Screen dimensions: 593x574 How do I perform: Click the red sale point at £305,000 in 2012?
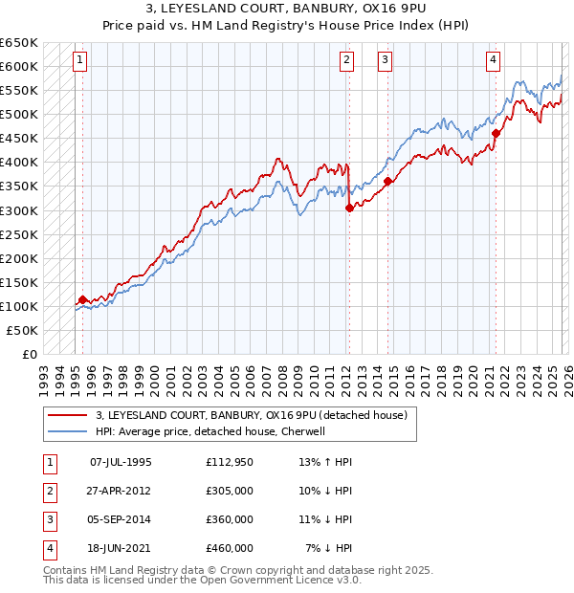point(349,209)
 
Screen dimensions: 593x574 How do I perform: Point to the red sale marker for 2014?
point(387,182)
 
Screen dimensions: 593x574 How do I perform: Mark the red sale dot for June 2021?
point(496,134)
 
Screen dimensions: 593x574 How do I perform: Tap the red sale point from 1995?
point(82,299)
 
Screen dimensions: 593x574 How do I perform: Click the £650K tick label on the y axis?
point(19,43)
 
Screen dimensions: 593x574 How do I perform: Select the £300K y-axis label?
point(19,210)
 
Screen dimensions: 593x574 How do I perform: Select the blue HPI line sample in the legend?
point(67,431)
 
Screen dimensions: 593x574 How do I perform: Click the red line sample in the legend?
point(67,415)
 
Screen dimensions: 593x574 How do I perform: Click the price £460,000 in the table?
point(229,548)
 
